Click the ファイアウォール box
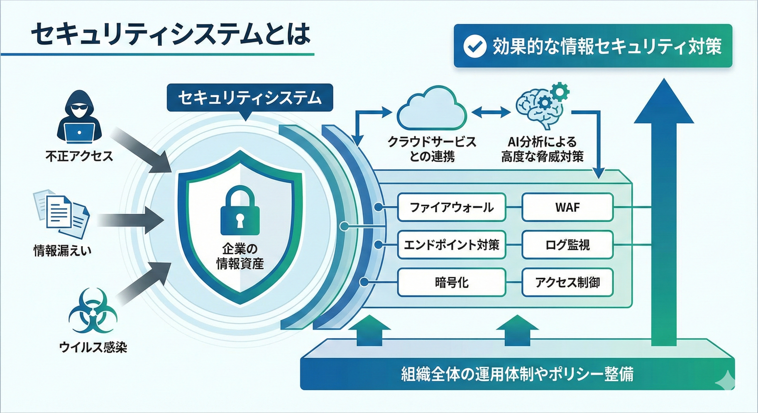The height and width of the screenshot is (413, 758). pos(451,207)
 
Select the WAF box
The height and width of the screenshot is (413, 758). pos(567,207)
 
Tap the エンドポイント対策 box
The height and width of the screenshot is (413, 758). pos(451,245)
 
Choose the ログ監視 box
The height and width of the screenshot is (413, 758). pos(567,245)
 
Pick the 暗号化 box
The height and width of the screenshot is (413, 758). pos(451,282)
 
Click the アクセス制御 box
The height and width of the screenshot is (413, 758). pos(567,282)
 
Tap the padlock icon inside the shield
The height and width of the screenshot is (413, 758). pos(240,210)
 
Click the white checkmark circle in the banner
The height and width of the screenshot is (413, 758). pos(474,46)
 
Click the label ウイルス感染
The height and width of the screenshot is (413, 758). pos(93,347)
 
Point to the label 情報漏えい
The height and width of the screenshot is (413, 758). pos(62,250)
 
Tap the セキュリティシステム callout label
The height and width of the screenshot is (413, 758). pos(250,98)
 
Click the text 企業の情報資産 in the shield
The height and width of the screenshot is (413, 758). pos(240,256)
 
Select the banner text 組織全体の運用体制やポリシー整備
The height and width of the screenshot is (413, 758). pos(517,374)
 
